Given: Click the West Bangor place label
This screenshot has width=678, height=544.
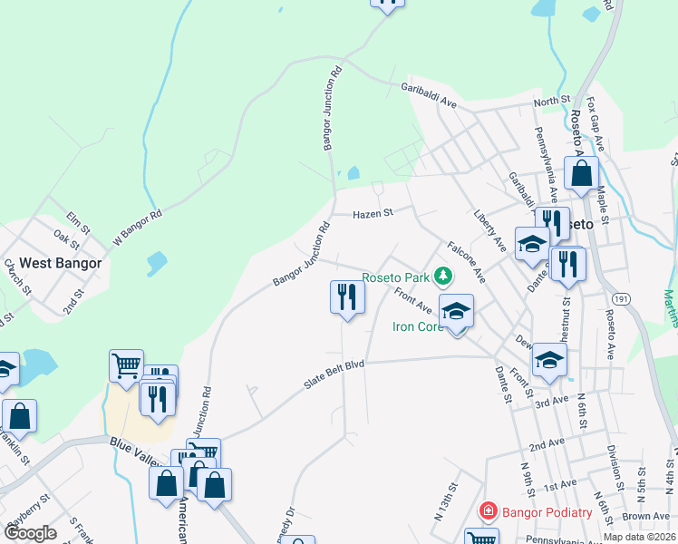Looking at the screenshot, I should pos(60,262).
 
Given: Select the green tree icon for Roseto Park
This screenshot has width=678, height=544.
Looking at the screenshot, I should pos(443,275).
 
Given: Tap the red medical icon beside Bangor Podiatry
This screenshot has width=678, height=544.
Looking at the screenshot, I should pos(489,512).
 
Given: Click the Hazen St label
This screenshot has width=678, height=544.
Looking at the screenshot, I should pos(373,214).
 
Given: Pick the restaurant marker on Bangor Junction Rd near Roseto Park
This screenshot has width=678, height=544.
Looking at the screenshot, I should pos(346,297).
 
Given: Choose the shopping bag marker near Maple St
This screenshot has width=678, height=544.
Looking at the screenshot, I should pos(581,173).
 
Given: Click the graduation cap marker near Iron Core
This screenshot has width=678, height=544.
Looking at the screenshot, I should pos(457,311).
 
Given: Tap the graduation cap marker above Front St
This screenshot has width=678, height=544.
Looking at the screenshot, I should pos(549,360).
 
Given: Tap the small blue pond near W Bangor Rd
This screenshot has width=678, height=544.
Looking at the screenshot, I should pos(157,264).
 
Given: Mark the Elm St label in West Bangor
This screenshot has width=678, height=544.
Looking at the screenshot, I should pos(79,223).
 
